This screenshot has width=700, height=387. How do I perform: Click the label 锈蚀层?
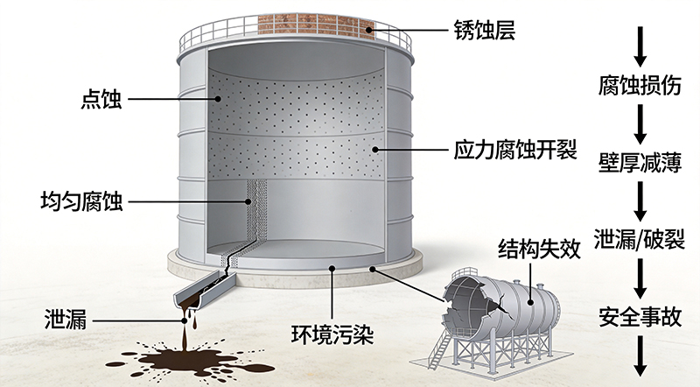[485, 31]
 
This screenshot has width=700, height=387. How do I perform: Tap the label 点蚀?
[101, 99]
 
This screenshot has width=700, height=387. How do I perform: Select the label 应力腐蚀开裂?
[515, 150]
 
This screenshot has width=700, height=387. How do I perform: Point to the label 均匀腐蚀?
[81, 201]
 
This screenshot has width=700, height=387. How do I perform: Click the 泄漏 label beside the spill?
[65, 320]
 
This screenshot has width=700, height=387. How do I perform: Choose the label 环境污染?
[332, 334]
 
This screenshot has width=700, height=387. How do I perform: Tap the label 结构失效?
[539, 249]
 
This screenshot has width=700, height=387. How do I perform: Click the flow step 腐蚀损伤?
[640, 85]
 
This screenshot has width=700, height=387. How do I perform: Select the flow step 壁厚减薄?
[640, 163]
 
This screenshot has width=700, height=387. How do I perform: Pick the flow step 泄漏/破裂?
[640, 239]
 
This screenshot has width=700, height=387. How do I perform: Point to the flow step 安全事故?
[640, 317]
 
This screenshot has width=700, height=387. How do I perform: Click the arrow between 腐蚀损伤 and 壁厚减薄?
[640, 124]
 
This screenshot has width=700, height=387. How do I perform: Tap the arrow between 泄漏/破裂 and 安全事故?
[640, 278]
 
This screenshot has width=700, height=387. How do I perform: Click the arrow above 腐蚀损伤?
[640, 47]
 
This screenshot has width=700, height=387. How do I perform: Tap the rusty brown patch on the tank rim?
[316, 24]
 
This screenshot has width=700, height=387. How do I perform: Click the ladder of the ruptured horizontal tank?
[440, 351]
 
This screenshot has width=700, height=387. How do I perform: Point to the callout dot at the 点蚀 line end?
[218, 99]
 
